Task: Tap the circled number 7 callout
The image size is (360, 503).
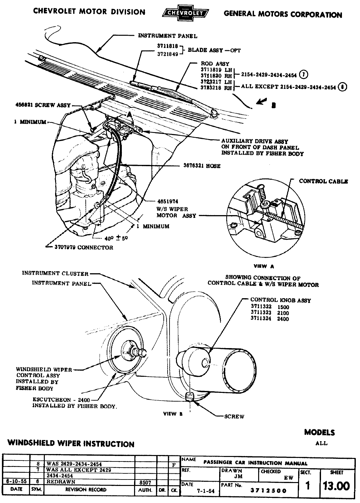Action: [x=303, y=75]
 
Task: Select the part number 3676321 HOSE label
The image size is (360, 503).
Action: [x=200, y=166]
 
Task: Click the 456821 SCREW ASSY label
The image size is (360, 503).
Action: [x=43, y=105]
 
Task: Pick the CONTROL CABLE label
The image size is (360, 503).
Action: [x=323, y=181]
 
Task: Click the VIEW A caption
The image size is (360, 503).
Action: [x=264, y=266]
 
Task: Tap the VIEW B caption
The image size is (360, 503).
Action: [x=173, y=414]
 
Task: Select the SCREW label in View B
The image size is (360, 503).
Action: [x=234, y=416]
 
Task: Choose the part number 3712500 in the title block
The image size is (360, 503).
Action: [x=268, y=491]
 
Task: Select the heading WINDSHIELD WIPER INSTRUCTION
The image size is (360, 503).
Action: [x=71, y=444]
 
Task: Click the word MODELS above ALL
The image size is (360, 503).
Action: [x=319, y=432]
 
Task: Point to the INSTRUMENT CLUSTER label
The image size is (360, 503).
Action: [x=55, y=273]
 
